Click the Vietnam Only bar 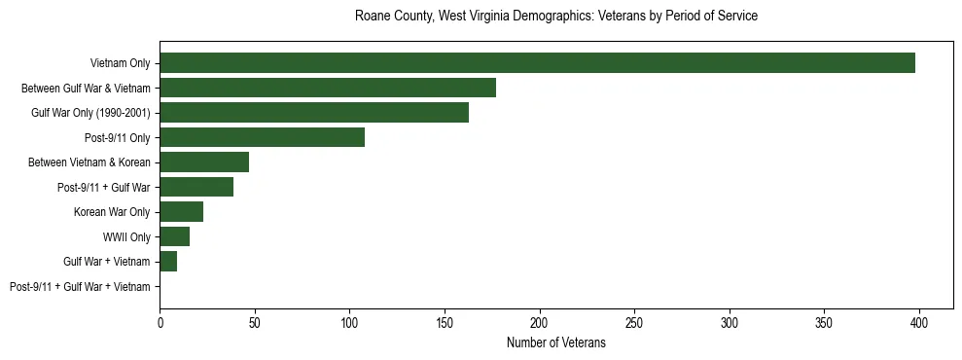click(537, 63)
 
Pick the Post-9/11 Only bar click(262, 137)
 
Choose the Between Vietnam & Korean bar click(204, 162)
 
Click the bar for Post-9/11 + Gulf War click(196, 187)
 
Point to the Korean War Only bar click(181, 212)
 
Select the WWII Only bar click(174, 236)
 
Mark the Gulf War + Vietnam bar click(168, 262)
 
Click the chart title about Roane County click(556, 17)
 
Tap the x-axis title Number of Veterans click(556, 342)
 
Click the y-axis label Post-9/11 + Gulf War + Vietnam click(80, 287)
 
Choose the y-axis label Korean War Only click(112, 212)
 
